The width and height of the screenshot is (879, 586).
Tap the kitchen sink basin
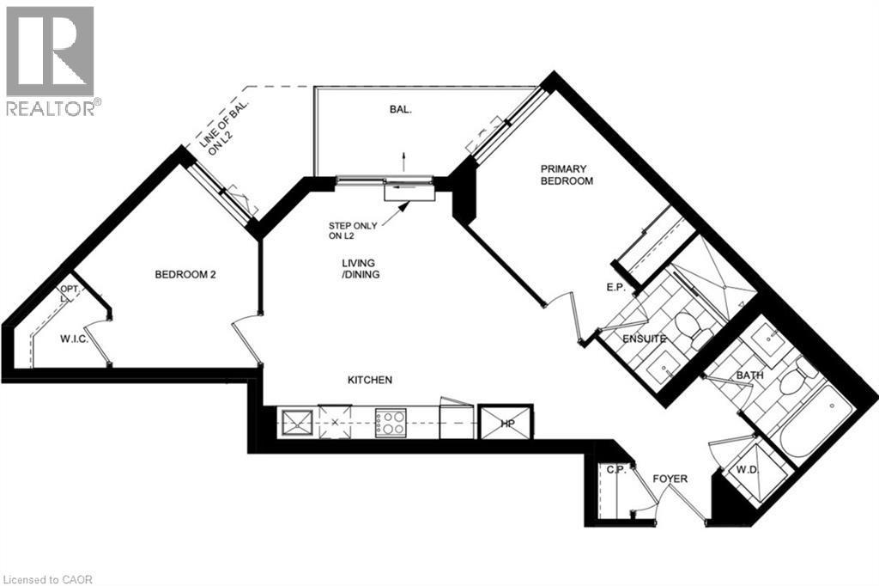(297, 423)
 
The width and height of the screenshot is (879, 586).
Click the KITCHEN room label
(370, 380)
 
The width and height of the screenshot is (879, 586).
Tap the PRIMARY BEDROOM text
(567, 175)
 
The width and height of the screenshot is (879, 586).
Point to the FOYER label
(670, 479)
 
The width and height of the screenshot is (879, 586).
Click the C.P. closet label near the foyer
(615, 469)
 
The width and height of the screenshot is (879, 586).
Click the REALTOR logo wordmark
(52, 108)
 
